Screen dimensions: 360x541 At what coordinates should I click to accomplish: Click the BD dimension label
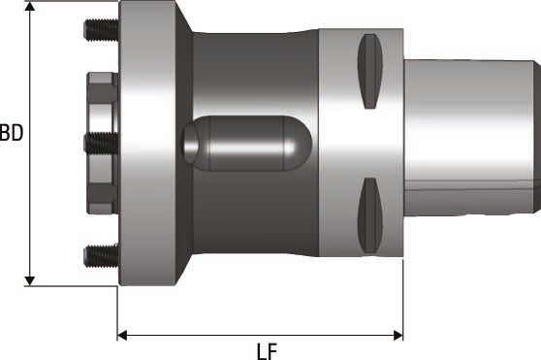point(11,132)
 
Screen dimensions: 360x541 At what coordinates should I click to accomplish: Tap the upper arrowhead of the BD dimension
point(31,9)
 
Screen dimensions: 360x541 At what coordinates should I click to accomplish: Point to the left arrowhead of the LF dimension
point(123,335)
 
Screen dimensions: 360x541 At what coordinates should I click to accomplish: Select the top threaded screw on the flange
point(100,32)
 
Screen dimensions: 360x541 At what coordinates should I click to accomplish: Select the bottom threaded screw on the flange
point(100,255)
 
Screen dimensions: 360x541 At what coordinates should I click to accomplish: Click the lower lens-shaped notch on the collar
point(369,214)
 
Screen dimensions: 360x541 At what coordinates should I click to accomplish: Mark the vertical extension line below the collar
point(402,301)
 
